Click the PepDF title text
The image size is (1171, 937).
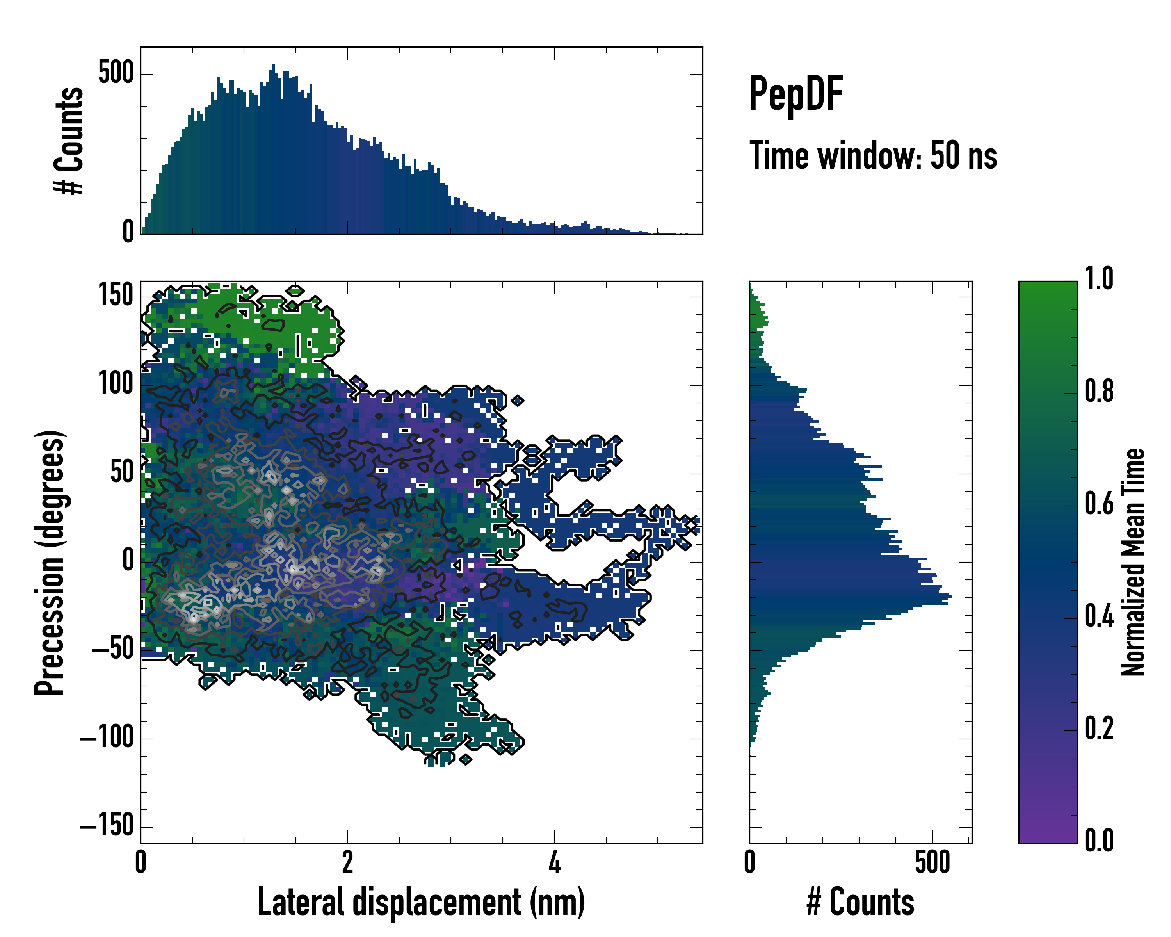(795, 94)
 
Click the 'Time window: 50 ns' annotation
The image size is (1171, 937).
(873, 156)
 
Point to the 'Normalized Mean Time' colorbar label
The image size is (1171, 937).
(1133, 562)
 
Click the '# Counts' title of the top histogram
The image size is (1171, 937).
(69, 141)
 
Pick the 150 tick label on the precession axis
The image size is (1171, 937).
(116, 296)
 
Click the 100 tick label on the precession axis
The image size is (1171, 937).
(116, 385)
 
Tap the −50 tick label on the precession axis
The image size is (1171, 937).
(112, 650)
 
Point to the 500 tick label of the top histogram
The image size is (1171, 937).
(116, 73)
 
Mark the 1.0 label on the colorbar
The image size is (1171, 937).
(1099, 279)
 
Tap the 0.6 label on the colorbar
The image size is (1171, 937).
(1099, 504)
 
